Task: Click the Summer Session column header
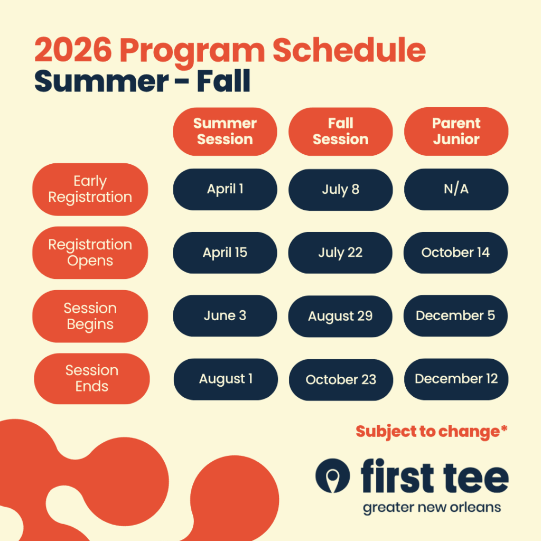tap(225, 132)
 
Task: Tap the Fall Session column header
tap(341, 132)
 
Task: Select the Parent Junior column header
tap(456, 132)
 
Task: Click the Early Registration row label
tap(90, 190)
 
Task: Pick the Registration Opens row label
tap(90, 253)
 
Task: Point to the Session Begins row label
tap(90, 316)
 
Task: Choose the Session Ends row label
tap(92, 378)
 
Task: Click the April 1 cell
tap(225, 190)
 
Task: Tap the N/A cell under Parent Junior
tap(456, 190)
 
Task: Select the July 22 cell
tap(340, 253)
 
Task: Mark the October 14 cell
tap(455, 253)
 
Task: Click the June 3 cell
tap(225, 316)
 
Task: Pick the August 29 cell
tap(340, 316)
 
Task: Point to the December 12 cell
tap(456, 379)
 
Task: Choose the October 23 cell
tap(341, 380)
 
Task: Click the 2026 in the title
tap(73, 50)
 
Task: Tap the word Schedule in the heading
tap(349, 50)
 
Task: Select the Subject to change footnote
tap(432, 432)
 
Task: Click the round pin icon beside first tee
tap(333, 475)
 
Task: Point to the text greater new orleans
tap(432, 508)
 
